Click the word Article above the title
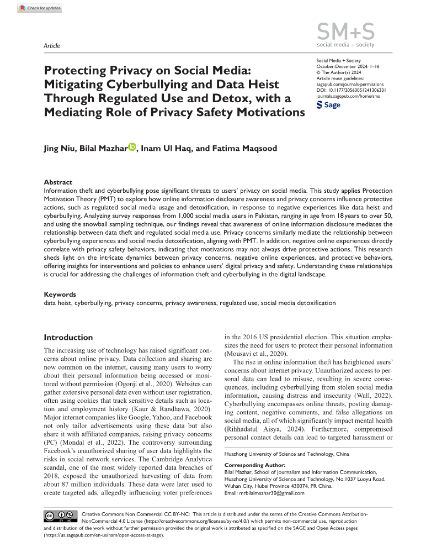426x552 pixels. point(51,45)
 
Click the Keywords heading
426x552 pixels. point(60,295)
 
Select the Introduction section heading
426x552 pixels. point(68,337)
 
